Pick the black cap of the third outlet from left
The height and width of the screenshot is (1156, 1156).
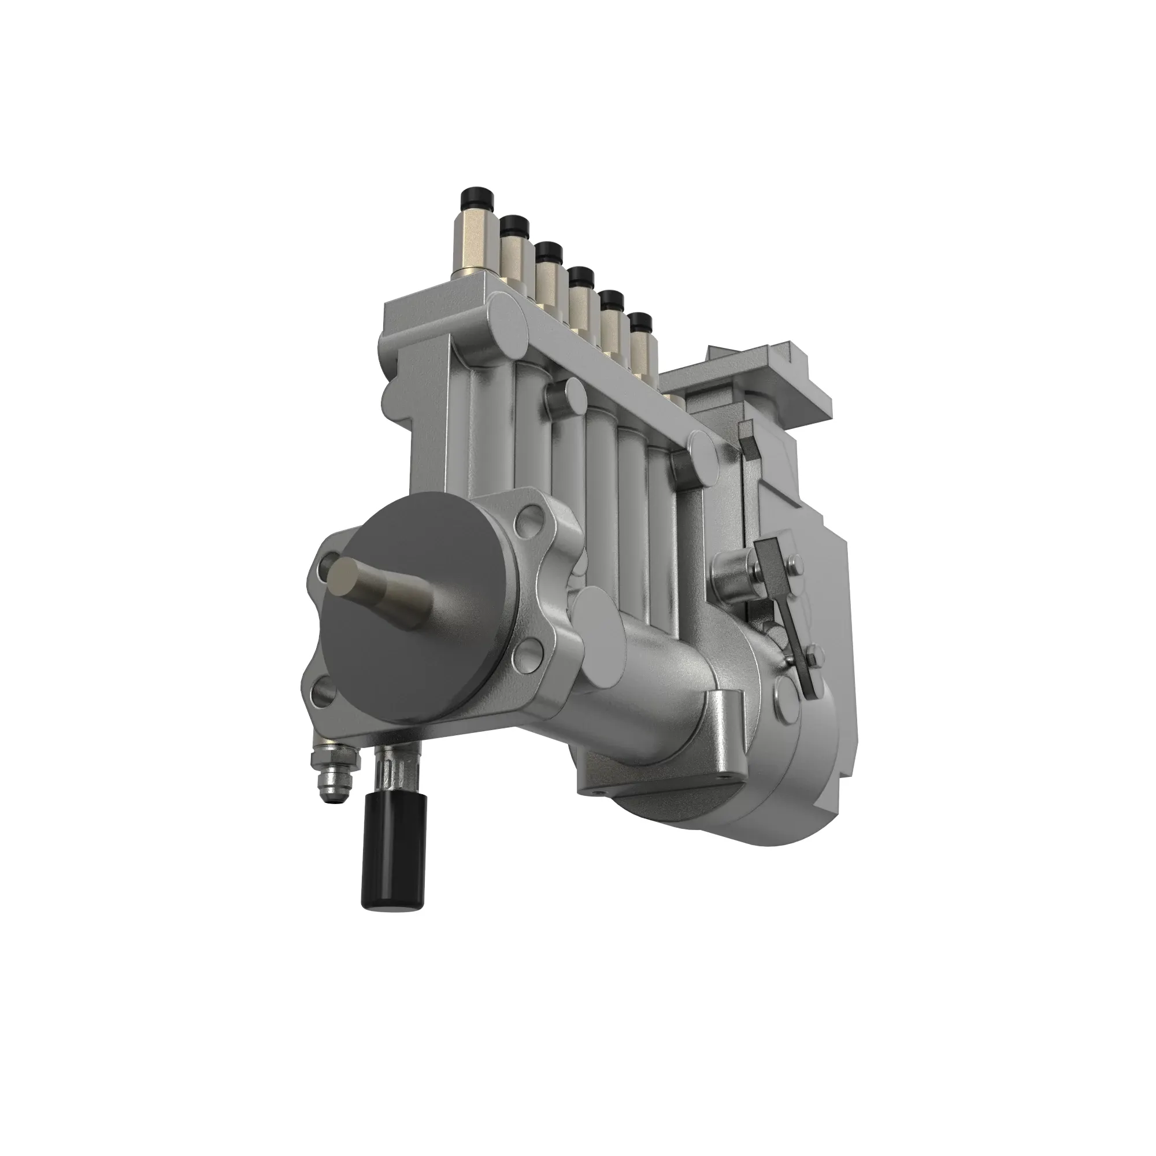pos(548,252)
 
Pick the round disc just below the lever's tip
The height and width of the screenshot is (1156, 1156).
pos(784,695)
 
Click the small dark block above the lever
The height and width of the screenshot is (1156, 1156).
pos(746,443)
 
